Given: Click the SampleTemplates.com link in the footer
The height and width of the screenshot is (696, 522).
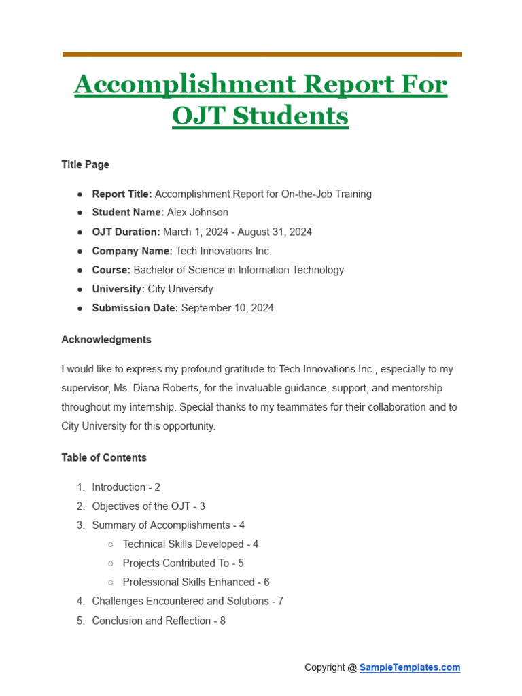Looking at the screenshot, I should pos(410,667).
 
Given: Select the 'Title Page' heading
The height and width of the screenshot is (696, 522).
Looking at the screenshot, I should pos(85,164).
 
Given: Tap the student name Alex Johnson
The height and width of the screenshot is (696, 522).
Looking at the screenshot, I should pos(198,213).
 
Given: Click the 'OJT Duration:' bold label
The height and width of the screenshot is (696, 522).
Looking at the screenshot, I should pos(126,232).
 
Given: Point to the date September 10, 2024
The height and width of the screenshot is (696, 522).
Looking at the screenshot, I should pos(228,308).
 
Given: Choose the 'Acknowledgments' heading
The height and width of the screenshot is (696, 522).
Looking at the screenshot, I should pos(106,339).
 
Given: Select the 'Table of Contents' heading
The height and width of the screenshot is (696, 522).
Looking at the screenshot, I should pos(104,457).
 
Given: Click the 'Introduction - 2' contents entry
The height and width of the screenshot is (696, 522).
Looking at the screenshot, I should pos(126,487).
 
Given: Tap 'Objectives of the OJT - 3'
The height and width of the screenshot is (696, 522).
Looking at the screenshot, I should pos(148,506).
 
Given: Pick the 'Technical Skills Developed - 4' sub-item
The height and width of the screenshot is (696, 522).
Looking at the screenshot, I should pos(190,544).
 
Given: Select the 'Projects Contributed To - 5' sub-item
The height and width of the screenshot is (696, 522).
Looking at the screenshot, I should pos(183,563).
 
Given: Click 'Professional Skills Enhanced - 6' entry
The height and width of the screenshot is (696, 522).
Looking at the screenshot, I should pos(196,582).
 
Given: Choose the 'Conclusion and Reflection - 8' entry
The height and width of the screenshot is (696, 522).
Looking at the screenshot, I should pos(158,621).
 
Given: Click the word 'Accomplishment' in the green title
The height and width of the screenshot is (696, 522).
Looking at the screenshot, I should pos(184,85).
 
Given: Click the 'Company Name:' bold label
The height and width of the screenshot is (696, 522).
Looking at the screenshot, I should pos(133,251).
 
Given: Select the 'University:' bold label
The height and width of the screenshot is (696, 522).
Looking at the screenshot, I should pos(118,289).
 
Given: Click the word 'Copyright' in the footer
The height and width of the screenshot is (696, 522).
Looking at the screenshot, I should pos(325,667).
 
